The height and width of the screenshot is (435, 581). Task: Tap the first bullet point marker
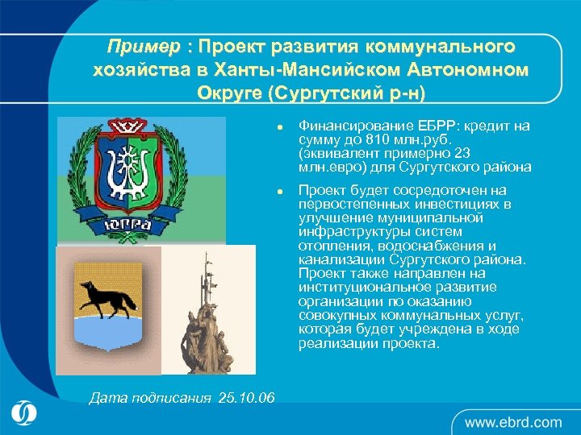278,127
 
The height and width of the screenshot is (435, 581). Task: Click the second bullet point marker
278,192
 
